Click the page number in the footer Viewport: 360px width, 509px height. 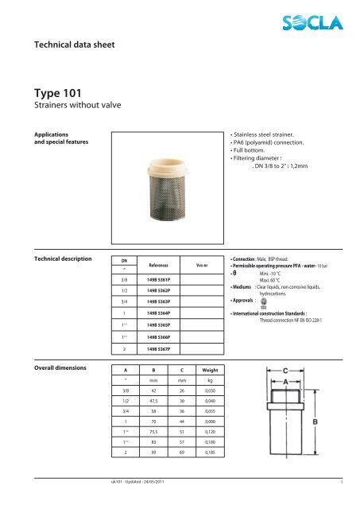tap(341, 503)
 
